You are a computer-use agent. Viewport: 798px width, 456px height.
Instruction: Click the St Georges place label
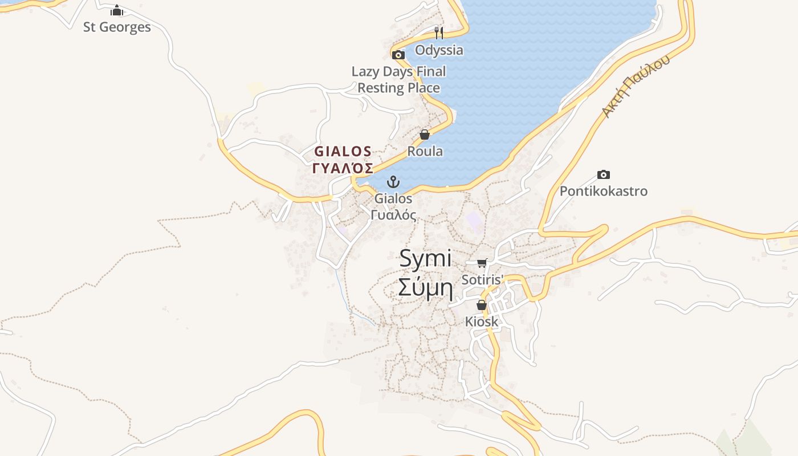[117, 27]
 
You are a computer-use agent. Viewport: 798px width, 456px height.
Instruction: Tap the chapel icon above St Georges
[117, 10]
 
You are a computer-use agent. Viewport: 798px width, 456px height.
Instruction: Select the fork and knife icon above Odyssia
[438, 32]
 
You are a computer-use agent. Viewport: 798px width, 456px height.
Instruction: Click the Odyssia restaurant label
[439, 50]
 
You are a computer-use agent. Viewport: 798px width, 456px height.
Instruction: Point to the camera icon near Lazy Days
[398, 55]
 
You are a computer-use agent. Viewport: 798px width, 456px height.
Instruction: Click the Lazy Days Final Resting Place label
[398, 80]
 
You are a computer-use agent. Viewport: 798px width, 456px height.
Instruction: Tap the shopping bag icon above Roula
[425, 135]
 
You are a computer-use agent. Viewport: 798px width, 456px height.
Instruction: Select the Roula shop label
[425, 152]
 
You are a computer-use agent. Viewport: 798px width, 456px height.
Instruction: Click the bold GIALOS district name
[343, 152]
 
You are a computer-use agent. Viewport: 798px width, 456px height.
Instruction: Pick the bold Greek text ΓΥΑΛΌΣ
[343, 168]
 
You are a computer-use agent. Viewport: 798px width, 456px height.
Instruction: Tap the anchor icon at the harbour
[393, 182]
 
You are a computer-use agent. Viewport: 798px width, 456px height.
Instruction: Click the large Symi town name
[425, 258]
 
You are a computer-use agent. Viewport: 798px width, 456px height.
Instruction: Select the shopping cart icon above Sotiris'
[482, 263]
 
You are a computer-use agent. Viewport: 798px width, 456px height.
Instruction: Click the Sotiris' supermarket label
[483, 280]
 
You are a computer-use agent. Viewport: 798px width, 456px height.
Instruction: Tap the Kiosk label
[482, 321]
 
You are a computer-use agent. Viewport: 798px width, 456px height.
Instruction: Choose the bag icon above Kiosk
[482, 305]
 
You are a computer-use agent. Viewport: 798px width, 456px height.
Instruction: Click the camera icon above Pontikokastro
[603, 174]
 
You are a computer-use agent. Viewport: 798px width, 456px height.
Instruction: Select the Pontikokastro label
[604, 191]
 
